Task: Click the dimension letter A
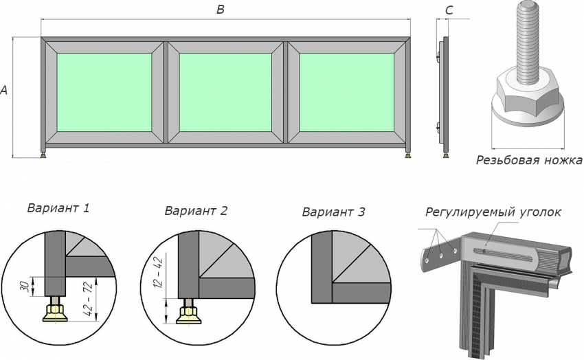5,90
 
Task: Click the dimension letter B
221,9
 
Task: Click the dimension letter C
449,10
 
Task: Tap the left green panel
104,91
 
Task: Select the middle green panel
225,91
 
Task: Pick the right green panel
346,91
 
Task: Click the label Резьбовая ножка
528,161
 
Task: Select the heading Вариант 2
196,211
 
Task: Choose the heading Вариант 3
333,212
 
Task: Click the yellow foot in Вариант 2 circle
187,314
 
